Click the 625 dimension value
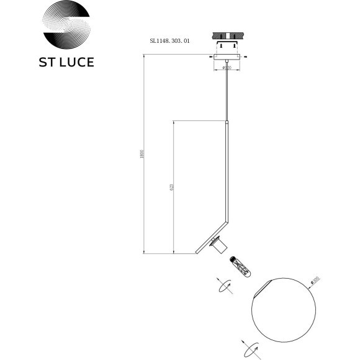pos(171,187)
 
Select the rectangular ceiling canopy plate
pos(226,58)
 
